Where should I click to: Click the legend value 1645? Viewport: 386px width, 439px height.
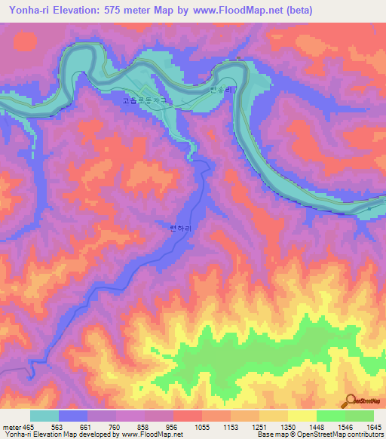click(372, 427)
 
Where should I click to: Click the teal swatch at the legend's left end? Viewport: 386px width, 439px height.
click(44, 416)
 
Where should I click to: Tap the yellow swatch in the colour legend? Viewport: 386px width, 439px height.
click(302, 416)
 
